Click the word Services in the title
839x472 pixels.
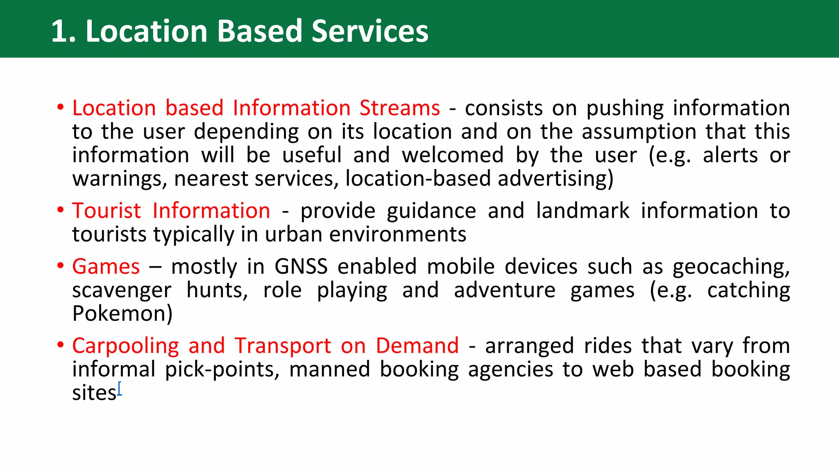pos(370,32)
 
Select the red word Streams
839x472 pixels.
pos(400,108)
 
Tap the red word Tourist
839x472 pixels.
pos(107,211)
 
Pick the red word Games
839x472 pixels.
pos(106,267)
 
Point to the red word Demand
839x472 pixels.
pos(417,346)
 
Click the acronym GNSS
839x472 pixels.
pos(301,267)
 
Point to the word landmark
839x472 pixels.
pos(583,211)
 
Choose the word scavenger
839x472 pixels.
pos(122,291)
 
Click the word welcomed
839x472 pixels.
pos(452,155)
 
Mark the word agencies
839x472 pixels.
pos(510,370)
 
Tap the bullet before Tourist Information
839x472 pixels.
pos(61,210)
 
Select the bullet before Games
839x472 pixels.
pos(61,266)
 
